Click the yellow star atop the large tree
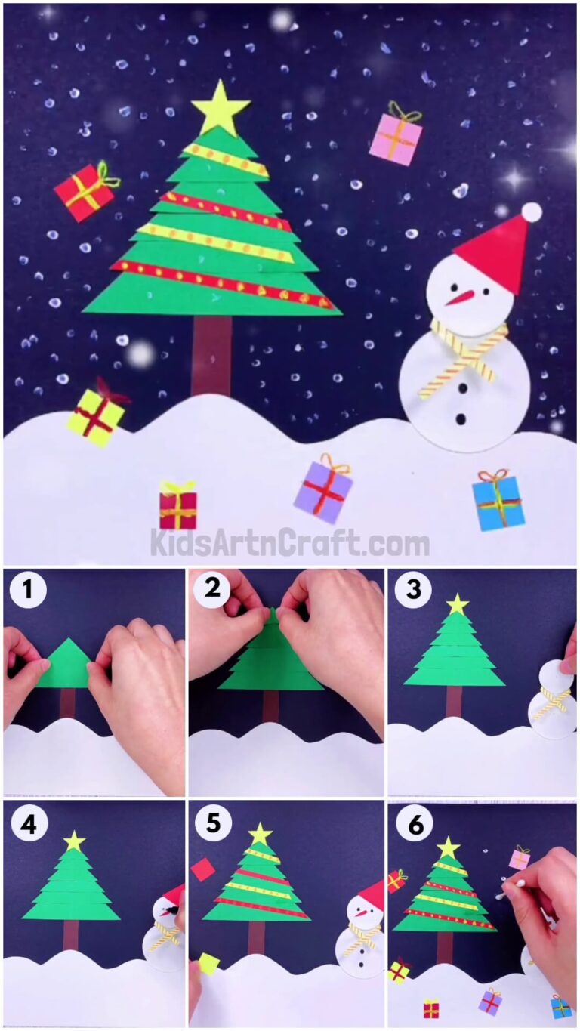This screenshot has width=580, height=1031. click(220, 108)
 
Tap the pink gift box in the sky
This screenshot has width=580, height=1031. click(396, 138)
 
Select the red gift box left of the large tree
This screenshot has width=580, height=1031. click(85, 193)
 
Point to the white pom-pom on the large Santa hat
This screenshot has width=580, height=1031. click(532, 212)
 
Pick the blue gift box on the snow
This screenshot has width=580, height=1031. click(498, 502)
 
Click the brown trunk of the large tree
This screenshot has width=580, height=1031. click(211, 354)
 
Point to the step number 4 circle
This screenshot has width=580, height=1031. click(28, 824)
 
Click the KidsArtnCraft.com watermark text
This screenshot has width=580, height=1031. click(289, 543)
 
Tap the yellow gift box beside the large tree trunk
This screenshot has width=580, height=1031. click(96, 416)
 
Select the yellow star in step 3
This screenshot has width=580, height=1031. click(458, 604)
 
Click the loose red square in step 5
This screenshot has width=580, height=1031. click(202, 869)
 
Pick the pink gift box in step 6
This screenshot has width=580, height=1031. click(519, 858)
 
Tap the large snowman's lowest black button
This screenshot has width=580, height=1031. click(460, 418)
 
